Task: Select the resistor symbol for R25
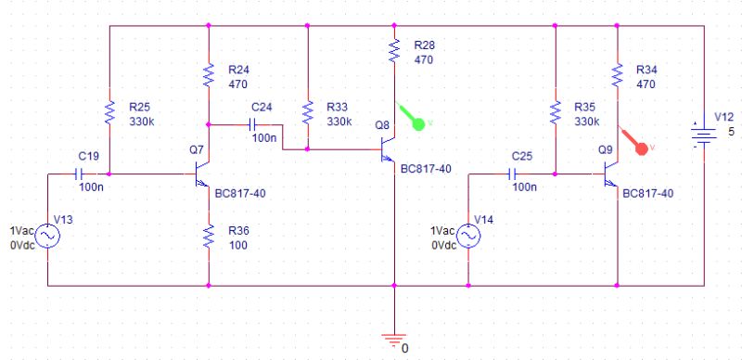click(x=109, y=113)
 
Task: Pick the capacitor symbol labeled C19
click(x=81, y=174)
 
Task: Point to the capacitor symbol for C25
click(x=511, y=174)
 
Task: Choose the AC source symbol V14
click(x=467, y=238)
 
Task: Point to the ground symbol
click(x=395, y=339)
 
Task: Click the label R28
click(x=425, y=45)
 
